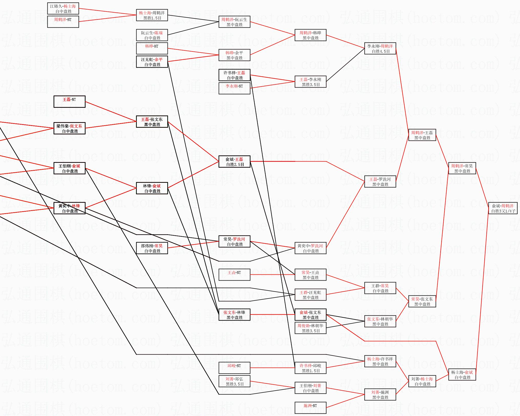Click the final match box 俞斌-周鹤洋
pyautogui.click(x=503, y=208)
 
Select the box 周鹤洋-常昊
pyautogui.click(x=462, y=168)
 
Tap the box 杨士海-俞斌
pyautogui.click(x=462, y=375)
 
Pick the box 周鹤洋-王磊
pyautogui.click(x=422, y=135)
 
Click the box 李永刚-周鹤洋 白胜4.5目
pyautogui.click(x=380, y=49)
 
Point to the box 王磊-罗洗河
pyautogui.click(x=380, y=182)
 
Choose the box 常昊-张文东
pyautogui.click(x=422, y=301)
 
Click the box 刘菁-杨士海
pyautogui.click(x=422, y=381)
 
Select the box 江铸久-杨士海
pyautogui.click(x=63, y=8)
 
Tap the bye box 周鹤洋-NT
pyautogui.click(x=63, y=22)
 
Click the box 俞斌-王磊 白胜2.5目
pyautogui.click(x=234, y=162)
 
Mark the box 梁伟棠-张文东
pyautogui.click(x=69, y=129)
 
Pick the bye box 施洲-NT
pyautogui.click(x=310, y=408)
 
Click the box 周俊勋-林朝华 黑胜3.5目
pyautogui.click(x=310, y=328)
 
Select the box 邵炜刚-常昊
pyautogui.click(x=152, y=248)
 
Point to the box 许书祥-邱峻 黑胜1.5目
pyautogui.click(x=310, y=368)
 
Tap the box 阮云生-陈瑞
pyautogui.click(x=152, y=35)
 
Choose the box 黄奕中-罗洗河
pyautogui.click(x=310, y=248)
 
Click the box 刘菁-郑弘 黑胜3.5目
pyautogui.click(x=234, y=381)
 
